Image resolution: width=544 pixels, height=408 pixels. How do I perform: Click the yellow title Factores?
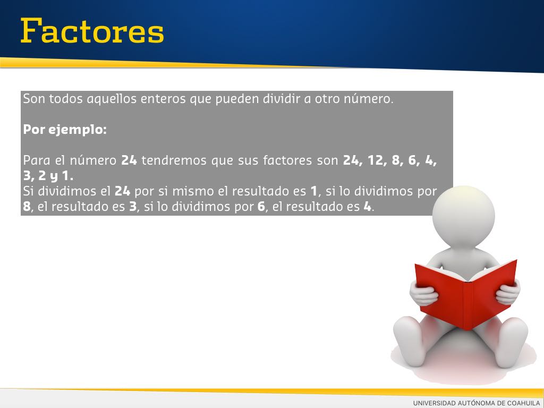click(92, 31)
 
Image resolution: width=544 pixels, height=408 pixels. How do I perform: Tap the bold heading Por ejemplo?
click(65, 130)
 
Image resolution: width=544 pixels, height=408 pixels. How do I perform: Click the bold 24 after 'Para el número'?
click(129, 160)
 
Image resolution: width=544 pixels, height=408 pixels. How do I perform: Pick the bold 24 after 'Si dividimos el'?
click(123, 191)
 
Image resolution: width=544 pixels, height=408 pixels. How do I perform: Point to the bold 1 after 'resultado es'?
click(314, 191)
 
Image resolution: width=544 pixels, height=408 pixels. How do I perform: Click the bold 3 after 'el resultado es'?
click(133, 207)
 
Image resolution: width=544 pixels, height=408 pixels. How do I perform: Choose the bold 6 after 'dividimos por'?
click(261, 207)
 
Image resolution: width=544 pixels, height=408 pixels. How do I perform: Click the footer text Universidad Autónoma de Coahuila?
click(477, 403)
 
